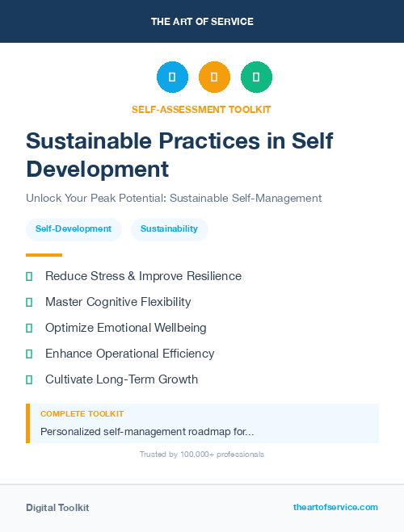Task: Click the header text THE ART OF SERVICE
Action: (x=202, y=22)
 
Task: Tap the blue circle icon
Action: (x=172, y=77)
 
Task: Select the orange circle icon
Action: (x=214, y=77)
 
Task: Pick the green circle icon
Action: (x=256, y=77)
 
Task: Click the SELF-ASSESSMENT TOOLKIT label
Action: (x=201, y=109)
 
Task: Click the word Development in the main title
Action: (x=98, y=170)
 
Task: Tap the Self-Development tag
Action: (x=74, y=229)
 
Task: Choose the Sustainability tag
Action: (x=169, y=229)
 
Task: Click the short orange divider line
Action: (x=44, y=255)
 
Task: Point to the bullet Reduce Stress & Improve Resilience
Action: (x=143, y=276)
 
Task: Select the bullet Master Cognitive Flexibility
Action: (x=118, y=302)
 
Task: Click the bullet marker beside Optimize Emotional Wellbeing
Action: (x=29, y=328)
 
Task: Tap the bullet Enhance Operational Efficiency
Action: (x=129, y=354)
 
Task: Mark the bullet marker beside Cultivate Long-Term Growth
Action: (x=29, y=379)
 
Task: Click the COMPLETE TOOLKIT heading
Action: (x=82, y=414)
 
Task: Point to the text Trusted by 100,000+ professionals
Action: (x=202, y=455)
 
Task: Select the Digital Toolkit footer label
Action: (x=57, y=508)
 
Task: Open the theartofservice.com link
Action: (x=335, y=507)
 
